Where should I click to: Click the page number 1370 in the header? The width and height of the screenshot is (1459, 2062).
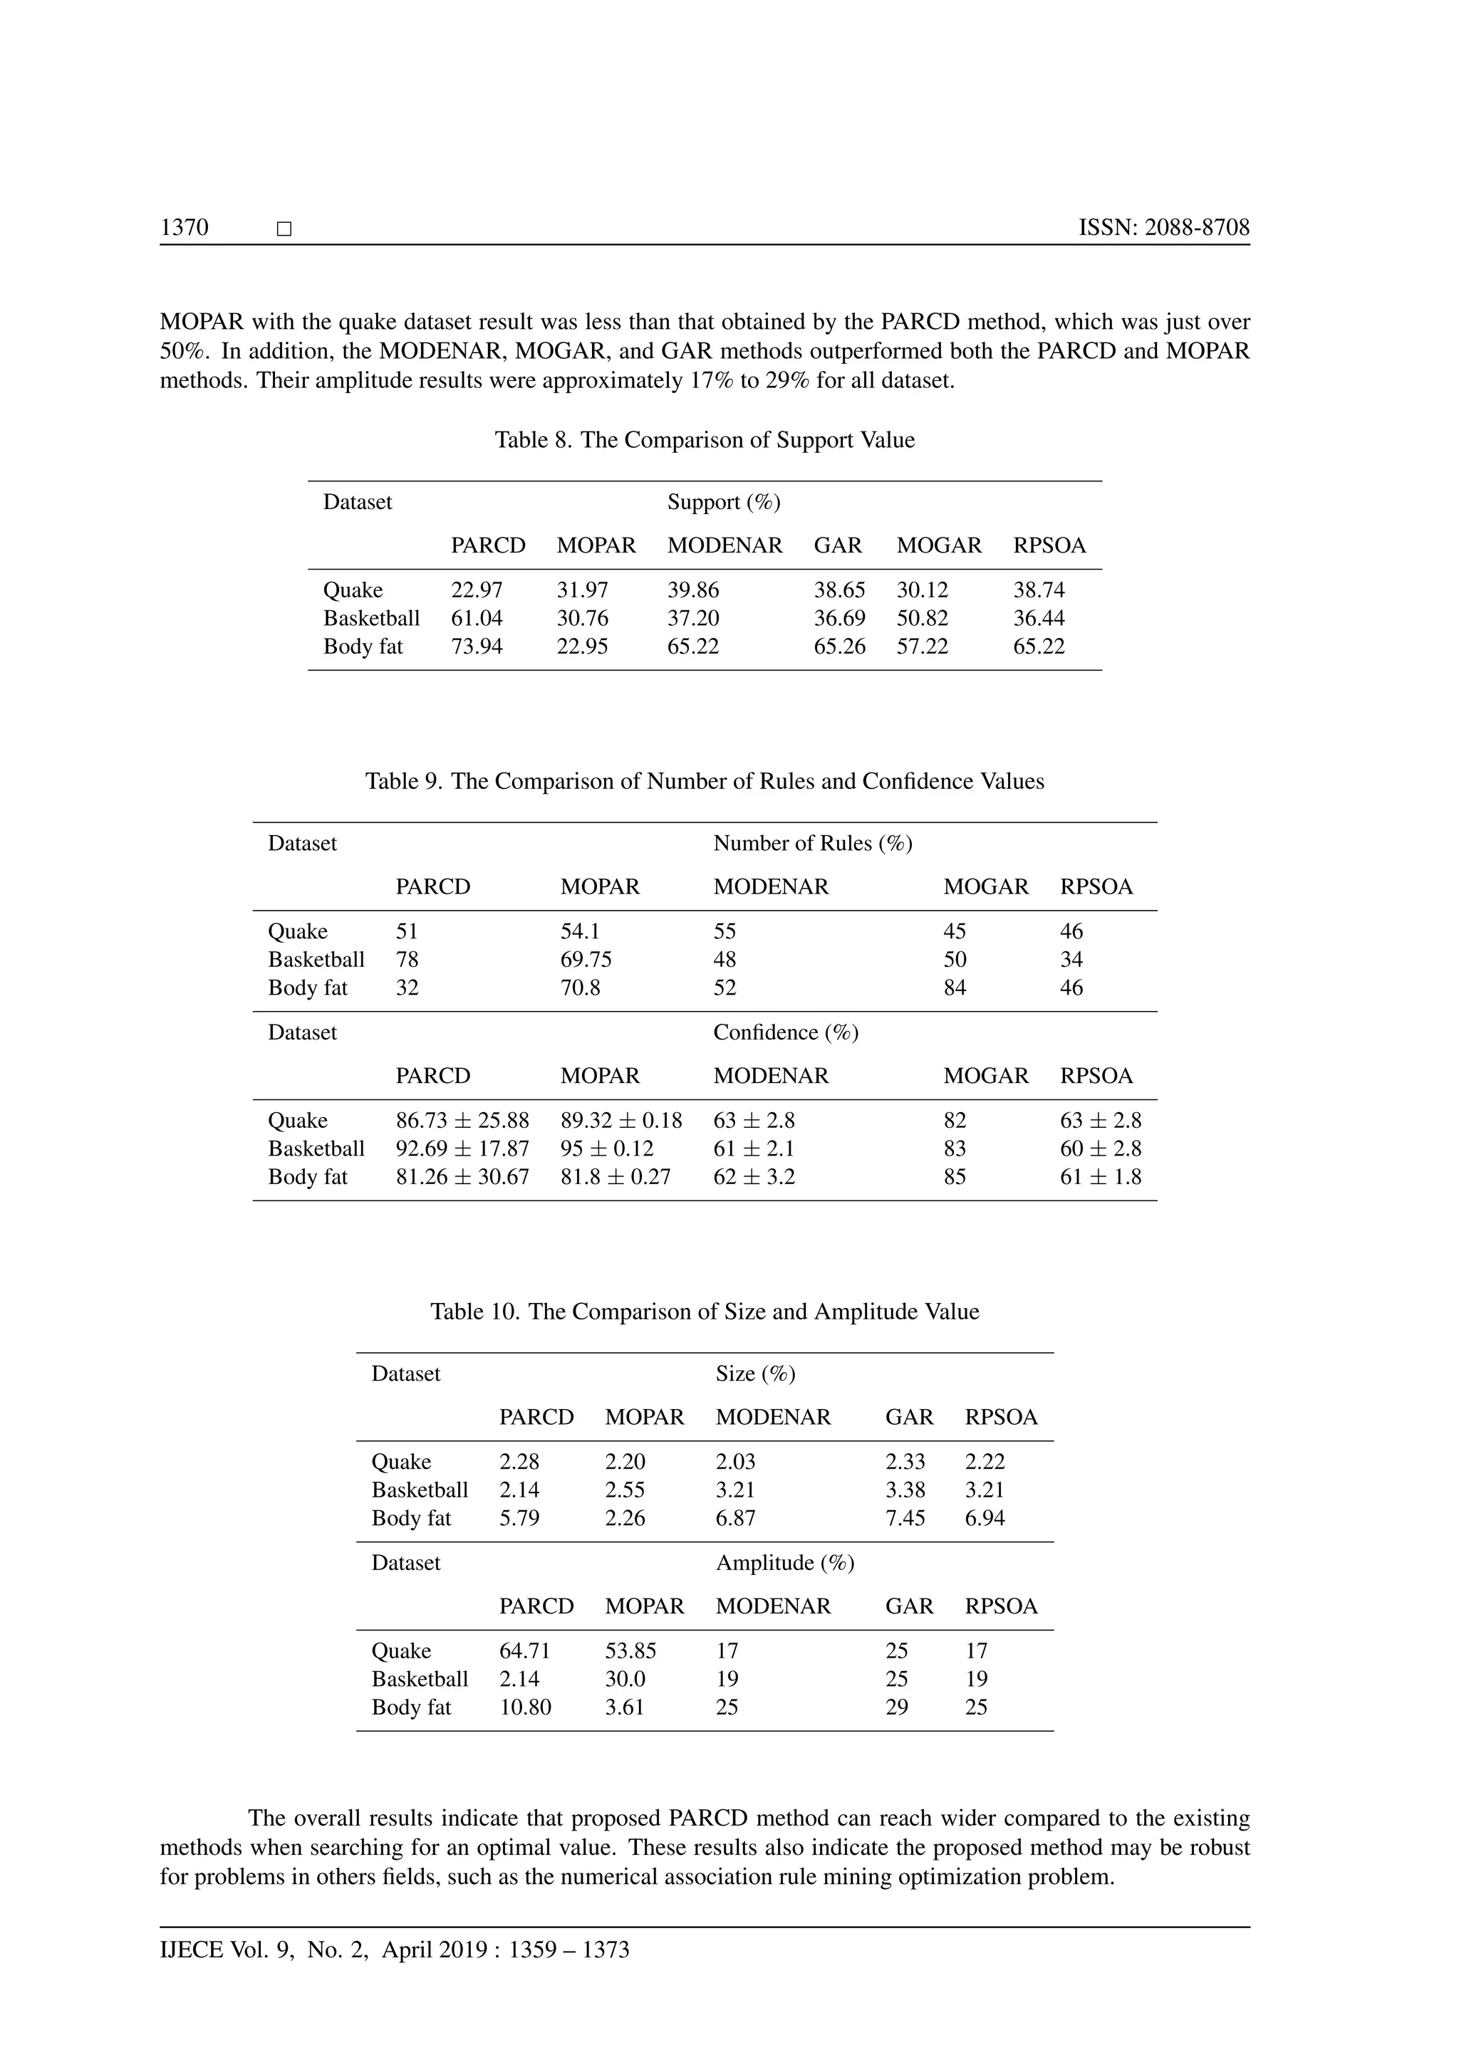coord(185,227)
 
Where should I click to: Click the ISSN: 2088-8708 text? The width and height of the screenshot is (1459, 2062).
coord(1163,227)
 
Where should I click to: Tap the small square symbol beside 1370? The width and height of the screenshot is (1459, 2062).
coord(284,230)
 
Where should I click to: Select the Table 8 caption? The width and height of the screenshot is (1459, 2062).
coord(705,440)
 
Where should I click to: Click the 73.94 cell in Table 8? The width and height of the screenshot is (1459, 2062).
coord(476,647)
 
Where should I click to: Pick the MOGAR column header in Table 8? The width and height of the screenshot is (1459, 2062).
coord(939,546)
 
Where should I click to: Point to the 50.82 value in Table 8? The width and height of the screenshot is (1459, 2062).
coord(922,619)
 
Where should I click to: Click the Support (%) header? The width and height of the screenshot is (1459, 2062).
coord(723,502)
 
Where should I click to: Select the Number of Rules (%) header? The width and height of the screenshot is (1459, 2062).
coord(812,843)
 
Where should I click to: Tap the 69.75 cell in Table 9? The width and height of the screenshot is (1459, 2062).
coord(586,960)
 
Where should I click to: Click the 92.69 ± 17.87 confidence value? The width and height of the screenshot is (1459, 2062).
coord(462,1148)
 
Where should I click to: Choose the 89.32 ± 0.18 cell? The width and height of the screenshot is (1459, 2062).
coord(621,1121)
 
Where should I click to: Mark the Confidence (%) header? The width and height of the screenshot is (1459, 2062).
coord(785,1033)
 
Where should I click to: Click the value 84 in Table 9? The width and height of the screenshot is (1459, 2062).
coord(954,988)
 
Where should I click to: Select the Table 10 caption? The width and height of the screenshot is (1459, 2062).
coord(705,1312)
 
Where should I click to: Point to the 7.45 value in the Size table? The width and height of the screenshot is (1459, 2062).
coord(905,1519)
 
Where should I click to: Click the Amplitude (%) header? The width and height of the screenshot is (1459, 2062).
coord(784,1564)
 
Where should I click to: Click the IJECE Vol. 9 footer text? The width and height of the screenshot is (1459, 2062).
coord(395,1950)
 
